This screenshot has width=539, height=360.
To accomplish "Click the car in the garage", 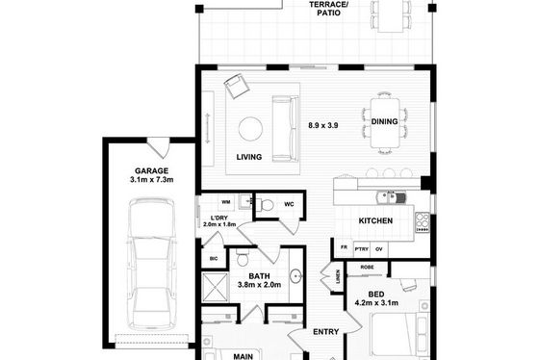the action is (151, 265).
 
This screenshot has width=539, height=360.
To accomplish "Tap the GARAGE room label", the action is (152, 171).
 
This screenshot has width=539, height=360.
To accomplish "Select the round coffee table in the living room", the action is (250, 129).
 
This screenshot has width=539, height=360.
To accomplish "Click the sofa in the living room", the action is (285, 128).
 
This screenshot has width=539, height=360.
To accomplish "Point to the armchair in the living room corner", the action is (237, 86).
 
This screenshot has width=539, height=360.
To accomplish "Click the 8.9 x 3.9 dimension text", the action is (323, 125).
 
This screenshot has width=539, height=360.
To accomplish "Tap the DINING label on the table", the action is (384, 121).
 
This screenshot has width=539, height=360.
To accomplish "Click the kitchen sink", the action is (391, 197).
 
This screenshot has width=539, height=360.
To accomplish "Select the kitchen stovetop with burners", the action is (423, 222).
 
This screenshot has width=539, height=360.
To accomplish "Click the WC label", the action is (289, 204).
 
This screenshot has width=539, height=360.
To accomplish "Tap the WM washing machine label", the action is (226, 202).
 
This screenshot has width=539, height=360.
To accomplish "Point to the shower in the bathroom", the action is (215, 288).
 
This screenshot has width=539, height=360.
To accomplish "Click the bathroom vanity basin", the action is (295, 275).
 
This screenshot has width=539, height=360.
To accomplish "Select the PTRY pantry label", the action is (362, 249).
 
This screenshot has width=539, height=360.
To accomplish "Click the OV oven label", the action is (379, 249).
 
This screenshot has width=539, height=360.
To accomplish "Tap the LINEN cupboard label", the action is (338, 277).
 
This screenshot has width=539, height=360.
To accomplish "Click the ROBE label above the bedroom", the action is (367, 268).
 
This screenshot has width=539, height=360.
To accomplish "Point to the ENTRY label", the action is (326, 332).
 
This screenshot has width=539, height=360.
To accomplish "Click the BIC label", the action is (214, 259).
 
